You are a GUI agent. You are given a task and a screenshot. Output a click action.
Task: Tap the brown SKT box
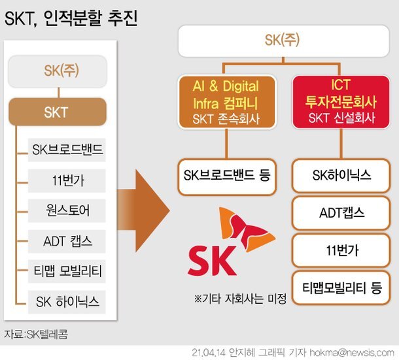(x=58, y=112)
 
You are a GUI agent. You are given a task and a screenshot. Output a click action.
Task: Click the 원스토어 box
(x=67, y=210)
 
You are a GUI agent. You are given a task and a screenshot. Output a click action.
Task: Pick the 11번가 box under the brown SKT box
(x=67, y=180)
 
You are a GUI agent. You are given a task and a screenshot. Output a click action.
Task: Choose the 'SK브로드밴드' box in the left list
(x=67, y=150)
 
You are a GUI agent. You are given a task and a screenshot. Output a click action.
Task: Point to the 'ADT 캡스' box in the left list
(x=67, y=240)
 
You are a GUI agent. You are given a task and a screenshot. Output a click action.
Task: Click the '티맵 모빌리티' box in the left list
(x=67, y=270)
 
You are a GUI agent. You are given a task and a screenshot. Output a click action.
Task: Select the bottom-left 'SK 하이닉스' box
(x=67, y=301)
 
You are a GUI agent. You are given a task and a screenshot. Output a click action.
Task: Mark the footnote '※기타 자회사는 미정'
(x=240, y=299)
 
